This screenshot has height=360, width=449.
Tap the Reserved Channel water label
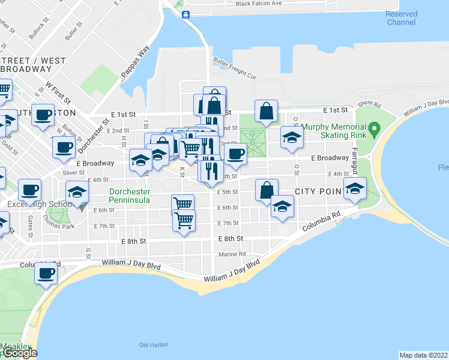[401, 18]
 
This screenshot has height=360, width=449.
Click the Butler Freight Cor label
[235, 68]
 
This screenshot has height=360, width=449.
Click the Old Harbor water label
[152, 344]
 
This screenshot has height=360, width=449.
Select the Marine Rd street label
[232, 254]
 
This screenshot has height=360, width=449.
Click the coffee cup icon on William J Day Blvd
[46, 273]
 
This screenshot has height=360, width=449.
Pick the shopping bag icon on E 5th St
[267, 189]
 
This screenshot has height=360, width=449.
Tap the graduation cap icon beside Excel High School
[77, 192]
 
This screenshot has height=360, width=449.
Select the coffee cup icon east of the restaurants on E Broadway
[236, 153]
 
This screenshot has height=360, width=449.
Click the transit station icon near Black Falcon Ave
[186, 14]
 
